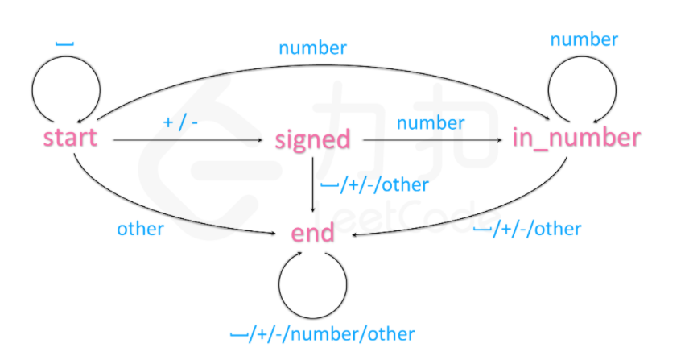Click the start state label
tap(70, 138)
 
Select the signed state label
tap(312, 139)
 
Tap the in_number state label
tap(576, 138)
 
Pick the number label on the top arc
tap(312, 48)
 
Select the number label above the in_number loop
tap(584, 39)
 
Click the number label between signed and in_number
tap(431, 122)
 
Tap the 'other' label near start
tap(140, 229)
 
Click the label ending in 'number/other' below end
tap(322, 333)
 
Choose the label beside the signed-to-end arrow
tap(374, 185)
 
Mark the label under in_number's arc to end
tap(526, 229)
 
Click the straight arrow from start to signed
tap(189, 141)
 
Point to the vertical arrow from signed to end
tap(312, 185)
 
